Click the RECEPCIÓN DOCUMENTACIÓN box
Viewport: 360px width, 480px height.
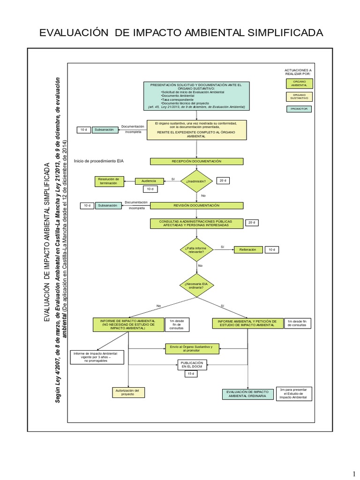[196, 161]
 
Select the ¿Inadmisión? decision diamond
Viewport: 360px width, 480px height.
[196, 181]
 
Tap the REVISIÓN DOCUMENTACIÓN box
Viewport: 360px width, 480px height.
[196, 205]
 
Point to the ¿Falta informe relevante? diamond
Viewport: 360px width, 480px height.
[196, 250]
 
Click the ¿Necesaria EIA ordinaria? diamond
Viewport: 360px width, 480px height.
[196, 285]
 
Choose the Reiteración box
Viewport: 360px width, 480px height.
[247, 250]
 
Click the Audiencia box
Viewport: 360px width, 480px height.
[149, 181]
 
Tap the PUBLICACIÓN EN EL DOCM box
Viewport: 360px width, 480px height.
[191, 365]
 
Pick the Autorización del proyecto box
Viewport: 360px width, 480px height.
[127, 392]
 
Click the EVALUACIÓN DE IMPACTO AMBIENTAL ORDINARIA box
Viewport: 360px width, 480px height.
[247, 394]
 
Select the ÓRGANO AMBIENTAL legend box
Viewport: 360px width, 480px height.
[299, 83]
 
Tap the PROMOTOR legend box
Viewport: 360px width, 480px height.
[299, 109]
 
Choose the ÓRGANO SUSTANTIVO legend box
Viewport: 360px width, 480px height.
[299, 97]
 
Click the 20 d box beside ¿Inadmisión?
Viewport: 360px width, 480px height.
[222, 181]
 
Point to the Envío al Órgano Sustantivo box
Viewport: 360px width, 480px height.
[191, 348]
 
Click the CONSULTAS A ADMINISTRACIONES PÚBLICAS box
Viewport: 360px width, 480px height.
[196, 223]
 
